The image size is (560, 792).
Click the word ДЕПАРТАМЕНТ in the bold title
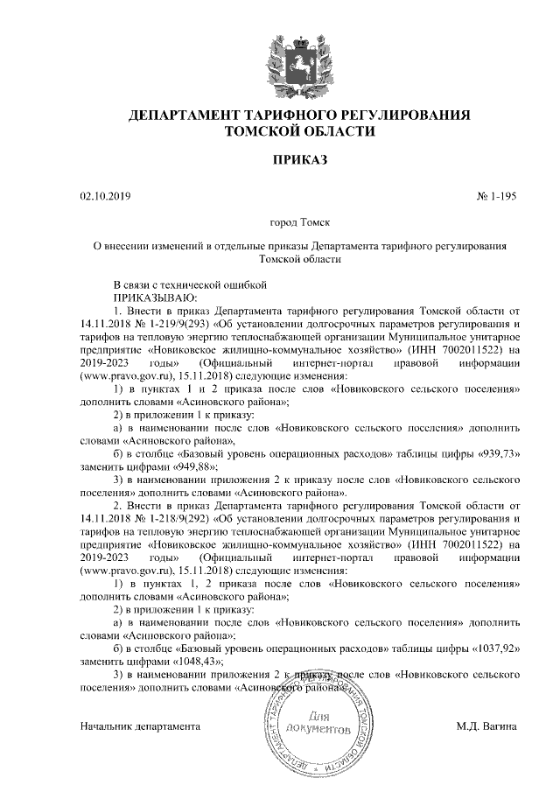[185, 116]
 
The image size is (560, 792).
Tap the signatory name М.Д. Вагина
[486, 726]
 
